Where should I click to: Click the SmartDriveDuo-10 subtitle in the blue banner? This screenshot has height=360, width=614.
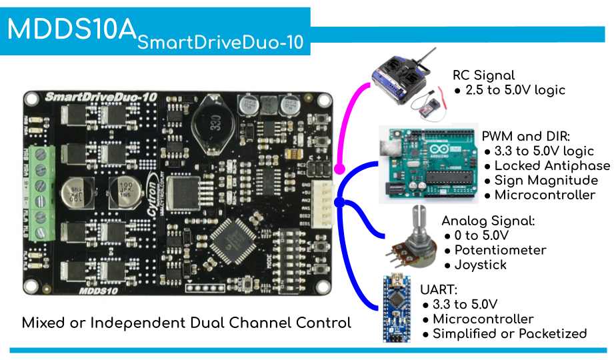pos(220,43)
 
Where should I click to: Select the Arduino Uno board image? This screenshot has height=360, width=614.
pos(428,163)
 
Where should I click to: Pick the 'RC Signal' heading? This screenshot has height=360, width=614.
pos(483,75)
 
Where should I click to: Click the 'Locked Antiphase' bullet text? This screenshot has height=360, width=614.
pos(552,166)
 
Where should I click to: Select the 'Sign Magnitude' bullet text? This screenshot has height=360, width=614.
pos(546,181)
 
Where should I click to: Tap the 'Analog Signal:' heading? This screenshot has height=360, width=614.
pos(488,221)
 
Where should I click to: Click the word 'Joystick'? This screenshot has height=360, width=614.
pos(480,265)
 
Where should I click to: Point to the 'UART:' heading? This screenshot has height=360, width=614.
pos(439,290)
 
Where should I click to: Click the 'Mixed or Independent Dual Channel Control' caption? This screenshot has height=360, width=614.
pos(186,323)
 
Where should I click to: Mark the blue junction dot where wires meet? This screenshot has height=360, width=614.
pos(339,202)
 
